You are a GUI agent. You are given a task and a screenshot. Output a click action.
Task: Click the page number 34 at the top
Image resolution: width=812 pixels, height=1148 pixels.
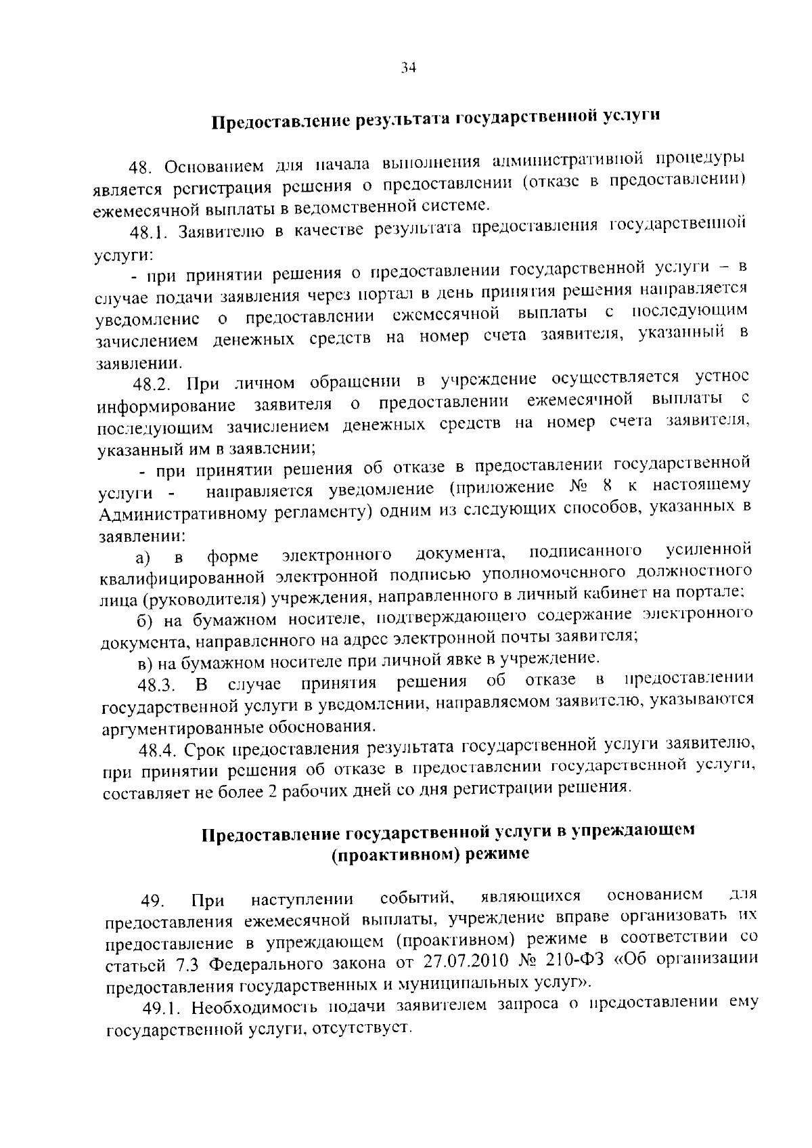(408, 67)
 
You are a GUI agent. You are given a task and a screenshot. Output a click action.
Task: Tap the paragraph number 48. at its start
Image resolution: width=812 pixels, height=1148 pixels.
(143, 167)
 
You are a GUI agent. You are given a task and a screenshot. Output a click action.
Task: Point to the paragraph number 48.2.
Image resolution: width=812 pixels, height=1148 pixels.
(150, 385)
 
